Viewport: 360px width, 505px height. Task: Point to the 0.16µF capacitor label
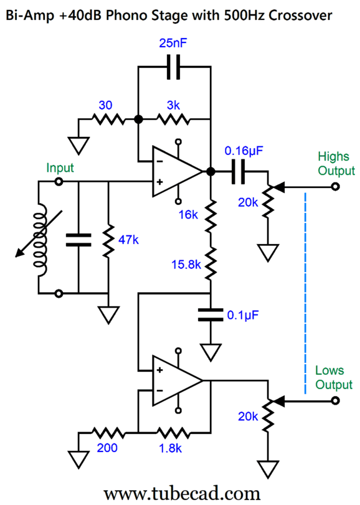(244, 151)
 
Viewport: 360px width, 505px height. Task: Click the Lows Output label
(334, 377)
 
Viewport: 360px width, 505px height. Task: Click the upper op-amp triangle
(176, 171)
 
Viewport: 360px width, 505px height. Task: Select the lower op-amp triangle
(176, 380)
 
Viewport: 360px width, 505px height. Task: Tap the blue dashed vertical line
(305, 293)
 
